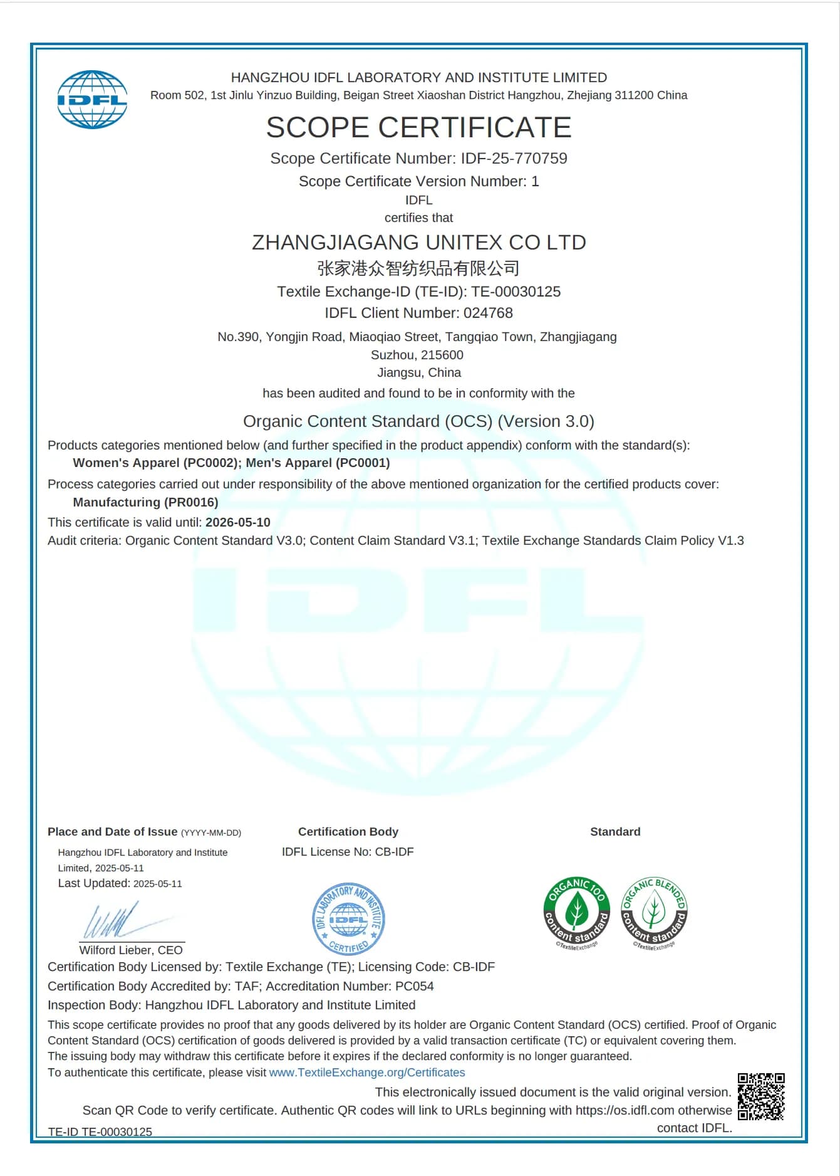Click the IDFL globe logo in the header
[x=92, y=100]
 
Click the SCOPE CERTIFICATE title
[x=418, y=127]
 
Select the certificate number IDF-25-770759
[x=514, y=159]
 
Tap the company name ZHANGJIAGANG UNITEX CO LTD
[x=418, y=243]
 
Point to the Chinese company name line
[x=418, y=268]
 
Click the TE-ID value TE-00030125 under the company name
[x=516, y=291]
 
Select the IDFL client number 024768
[x=488, y=313]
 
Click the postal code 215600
[x=442, y=355]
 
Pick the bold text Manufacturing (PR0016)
[x=145, y=502]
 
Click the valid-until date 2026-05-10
[x=238, y=522]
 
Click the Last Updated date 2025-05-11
[x=158, y=884]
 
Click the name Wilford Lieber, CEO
[x=131, y=950]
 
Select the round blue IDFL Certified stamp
[x=348, y=918]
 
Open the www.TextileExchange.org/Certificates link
[x=367, y=1073]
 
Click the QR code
[x=760, y=1096]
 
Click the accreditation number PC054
[x=414, y=986]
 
